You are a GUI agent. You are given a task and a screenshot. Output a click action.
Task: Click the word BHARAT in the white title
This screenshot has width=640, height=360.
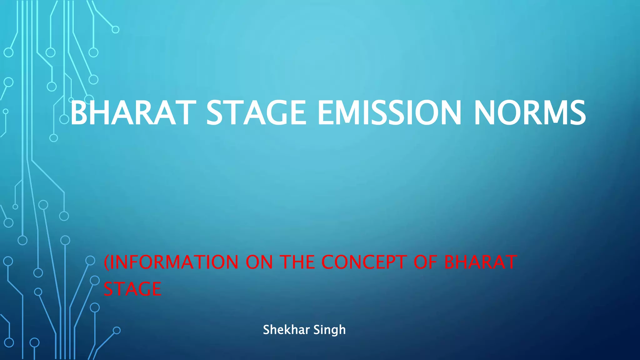133,113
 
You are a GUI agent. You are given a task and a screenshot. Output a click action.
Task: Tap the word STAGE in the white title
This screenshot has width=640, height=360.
256,113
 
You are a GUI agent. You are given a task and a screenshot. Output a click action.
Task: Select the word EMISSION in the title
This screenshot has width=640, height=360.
389,113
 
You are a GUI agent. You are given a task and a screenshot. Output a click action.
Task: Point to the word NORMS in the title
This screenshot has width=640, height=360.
530,113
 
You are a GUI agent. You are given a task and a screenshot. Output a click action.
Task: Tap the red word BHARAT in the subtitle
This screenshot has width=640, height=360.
480,262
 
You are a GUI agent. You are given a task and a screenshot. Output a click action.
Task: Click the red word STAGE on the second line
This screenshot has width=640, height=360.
132,289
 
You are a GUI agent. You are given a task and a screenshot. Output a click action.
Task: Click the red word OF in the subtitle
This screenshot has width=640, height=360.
425,262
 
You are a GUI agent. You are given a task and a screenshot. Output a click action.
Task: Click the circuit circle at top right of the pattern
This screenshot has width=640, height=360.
115,30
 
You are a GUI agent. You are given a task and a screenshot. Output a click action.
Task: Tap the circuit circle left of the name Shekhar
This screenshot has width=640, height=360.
117,330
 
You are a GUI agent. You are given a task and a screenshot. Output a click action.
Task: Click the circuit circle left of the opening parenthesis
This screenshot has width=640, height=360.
90,260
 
